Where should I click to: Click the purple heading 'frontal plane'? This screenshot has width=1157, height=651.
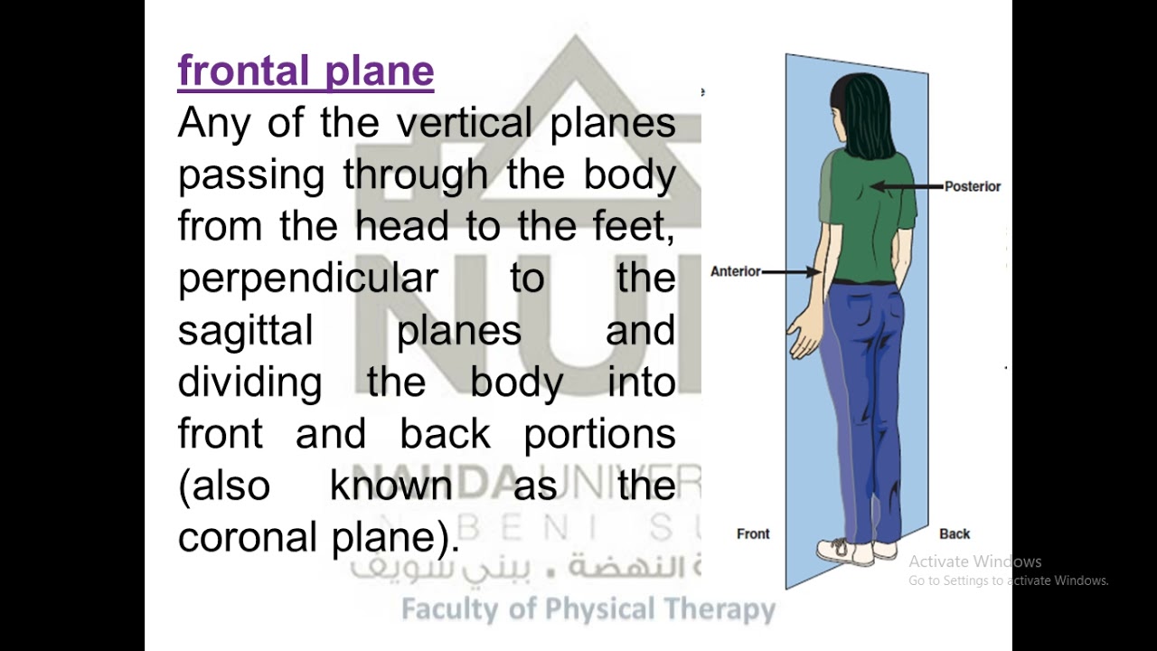[x=306, y=71]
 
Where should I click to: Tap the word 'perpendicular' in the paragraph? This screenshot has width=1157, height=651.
[x=307, y=278]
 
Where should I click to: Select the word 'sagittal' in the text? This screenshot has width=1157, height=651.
[x=245, y=330]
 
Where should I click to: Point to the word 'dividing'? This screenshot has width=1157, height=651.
[x=249, y=382]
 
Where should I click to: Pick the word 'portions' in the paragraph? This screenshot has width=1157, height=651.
[x=599, y=435]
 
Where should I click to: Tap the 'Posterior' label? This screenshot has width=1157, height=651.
[x=973, y=186]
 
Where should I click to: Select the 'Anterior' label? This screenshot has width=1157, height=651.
[x=736, y=271]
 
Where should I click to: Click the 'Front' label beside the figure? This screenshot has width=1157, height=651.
[x=753, y=533]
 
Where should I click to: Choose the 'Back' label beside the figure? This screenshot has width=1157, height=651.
[x=955, y=533]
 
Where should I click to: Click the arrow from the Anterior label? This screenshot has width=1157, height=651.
[x=792, y=271]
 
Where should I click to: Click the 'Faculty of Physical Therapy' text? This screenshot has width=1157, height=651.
[x=588, y=609]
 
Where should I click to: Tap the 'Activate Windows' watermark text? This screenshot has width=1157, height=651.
[x=975, y=561]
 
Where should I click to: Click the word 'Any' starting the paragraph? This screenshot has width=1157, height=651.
[x=213, y=123]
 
